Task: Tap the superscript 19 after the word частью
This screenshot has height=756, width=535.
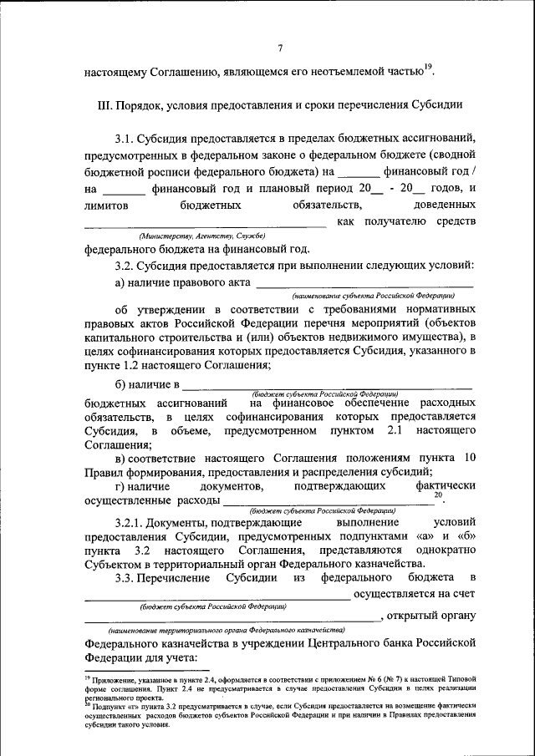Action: click(428, 67)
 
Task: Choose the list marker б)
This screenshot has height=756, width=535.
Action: click(122, 385)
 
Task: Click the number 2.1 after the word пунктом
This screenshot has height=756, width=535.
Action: click(396, 431)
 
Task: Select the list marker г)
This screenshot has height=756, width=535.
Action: click(122, 486)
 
